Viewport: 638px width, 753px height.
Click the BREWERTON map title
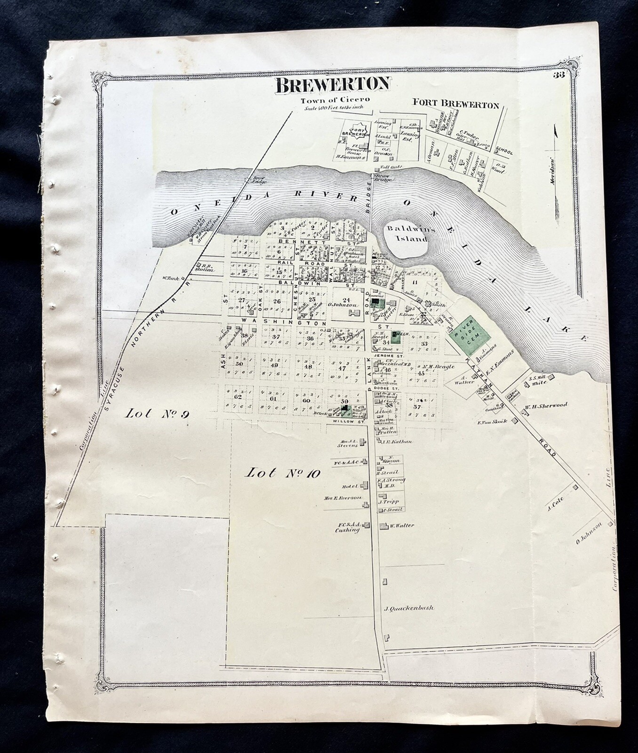click(x=333, y=84)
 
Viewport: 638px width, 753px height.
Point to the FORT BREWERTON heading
click(x=455, y=105)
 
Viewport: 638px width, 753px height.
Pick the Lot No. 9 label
click(x=151, y=414)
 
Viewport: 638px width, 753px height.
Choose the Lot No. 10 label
click(x=283, y=473)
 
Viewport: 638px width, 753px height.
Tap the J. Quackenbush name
click(x=408, y=608)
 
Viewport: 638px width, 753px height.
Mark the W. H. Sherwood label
click(x=546, y=405)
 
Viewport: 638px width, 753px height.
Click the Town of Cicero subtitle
click(x=336, y=100)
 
